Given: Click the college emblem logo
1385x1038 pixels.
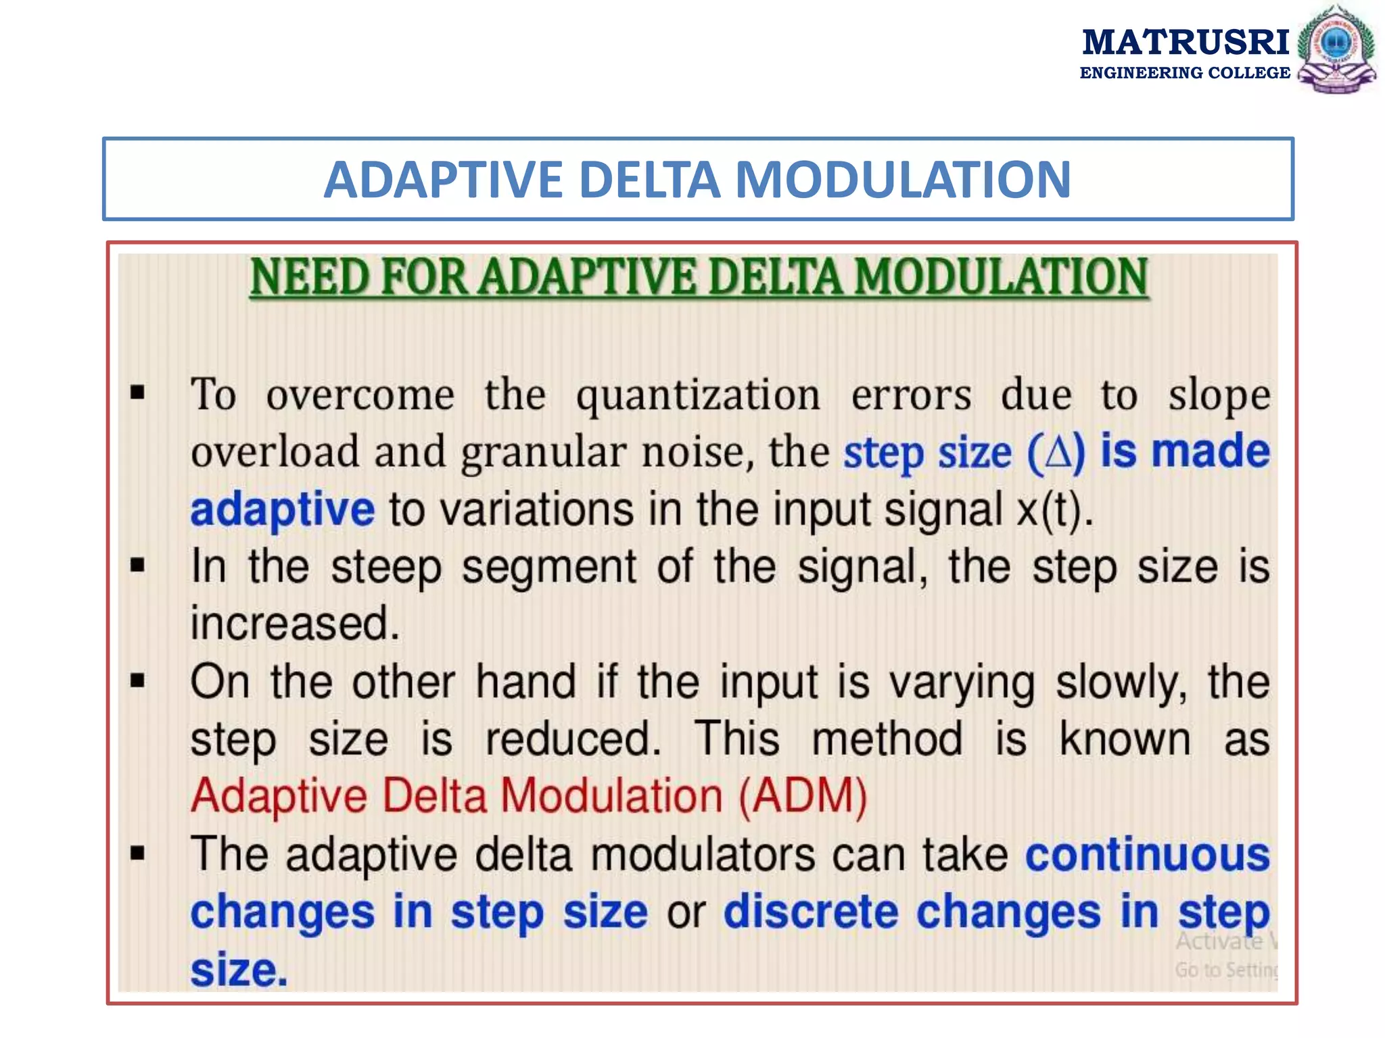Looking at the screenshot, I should coord(1336,49).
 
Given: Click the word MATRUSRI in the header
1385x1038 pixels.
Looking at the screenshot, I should coord(1186,42).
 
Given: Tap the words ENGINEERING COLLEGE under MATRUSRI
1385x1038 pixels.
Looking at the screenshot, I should coord(1185,73).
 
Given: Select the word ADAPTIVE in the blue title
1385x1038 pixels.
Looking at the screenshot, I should coord(443,180).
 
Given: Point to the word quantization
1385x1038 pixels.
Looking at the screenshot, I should coord(698,395).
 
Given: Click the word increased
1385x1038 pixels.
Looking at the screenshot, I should coord(295,623).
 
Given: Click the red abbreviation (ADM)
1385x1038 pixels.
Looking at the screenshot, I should coord(803,796).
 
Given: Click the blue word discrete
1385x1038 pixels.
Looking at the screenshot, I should coord(811,912).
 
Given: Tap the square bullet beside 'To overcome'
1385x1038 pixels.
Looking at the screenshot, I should coord(138,392).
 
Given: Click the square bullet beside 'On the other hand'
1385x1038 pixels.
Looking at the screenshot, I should coord(138,680).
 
